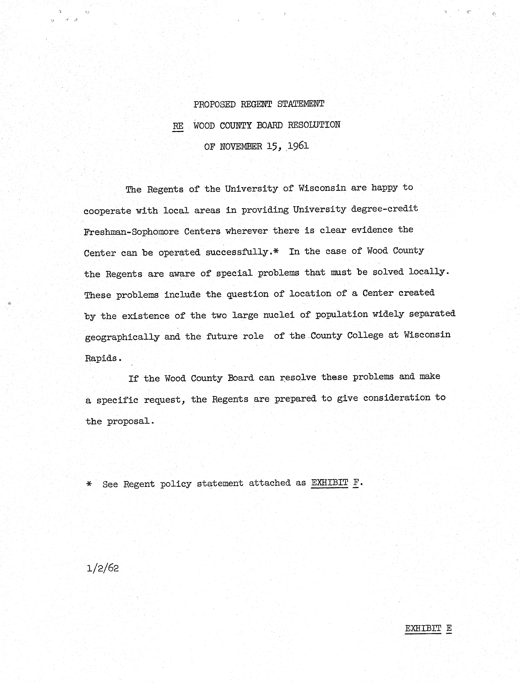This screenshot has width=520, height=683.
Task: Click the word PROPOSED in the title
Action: coord(215,104)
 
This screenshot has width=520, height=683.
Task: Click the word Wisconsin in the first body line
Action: coord(322,188)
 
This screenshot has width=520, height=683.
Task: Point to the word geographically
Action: coord(122,337)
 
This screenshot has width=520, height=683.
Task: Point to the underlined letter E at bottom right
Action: coord(449,628)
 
